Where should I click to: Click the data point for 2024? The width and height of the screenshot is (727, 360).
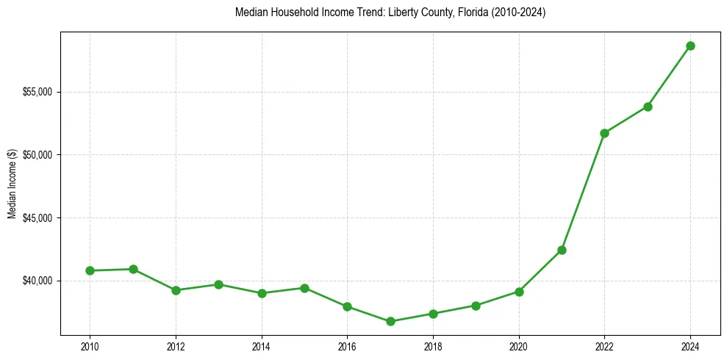[690, 46]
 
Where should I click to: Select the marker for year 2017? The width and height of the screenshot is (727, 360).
[390, 321]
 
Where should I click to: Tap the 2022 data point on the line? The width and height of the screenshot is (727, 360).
[604, 133]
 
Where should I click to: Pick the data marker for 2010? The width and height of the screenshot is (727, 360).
[90, 270]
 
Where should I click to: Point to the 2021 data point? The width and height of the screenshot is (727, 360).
[562, 250]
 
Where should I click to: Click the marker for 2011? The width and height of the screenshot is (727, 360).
[133, 269]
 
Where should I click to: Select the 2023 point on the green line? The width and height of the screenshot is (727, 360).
[648, 107]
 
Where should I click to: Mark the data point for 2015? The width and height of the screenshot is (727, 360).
[304, 288]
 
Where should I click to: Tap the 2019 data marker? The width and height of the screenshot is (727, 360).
[476, 306]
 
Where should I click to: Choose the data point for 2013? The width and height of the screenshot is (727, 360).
[218, 284]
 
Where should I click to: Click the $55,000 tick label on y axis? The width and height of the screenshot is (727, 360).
[40, 92]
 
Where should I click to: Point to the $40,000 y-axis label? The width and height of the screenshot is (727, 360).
[40, 281]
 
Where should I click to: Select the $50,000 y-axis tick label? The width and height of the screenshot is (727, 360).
[40, 155]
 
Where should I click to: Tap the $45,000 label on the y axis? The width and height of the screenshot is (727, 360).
[40, 218]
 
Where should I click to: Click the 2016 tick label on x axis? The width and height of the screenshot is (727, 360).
[347, 347]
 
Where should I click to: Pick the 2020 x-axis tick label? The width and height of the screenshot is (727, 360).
[519, 347]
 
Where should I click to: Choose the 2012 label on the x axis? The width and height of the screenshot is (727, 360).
[176, 347]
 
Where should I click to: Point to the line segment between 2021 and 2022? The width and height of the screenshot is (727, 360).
[583, 192]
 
